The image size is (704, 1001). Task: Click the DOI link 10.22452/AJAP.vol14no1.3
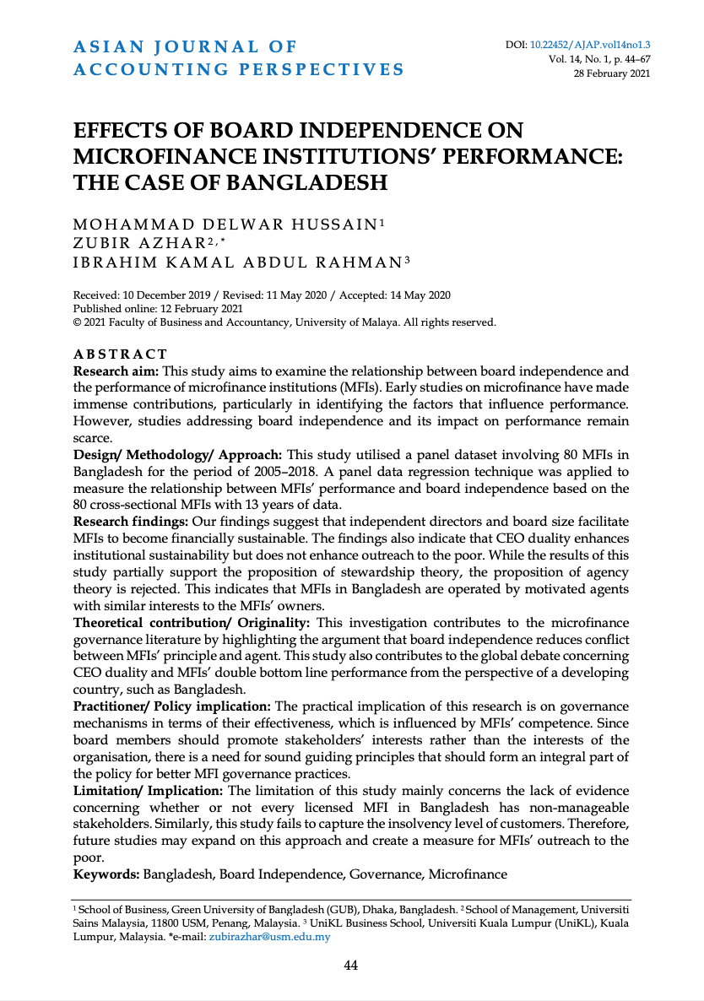pos(596,45)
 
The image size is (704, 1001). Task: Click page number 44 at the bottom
pos(351,966)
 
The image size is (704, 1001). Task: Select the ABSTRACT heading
pos(121,354)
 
